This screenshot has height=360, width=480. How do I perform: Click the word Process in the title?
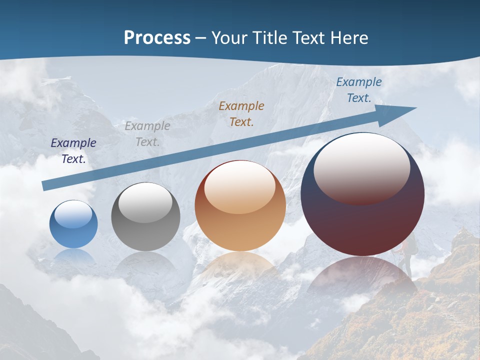point(157,38)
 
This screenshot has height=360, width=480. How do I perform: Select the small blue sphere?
point(73,225)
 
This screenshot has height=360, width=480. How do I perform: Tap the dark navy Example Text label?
point(73,151)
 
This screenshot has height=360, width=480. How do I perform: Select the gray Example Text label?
point(147,134)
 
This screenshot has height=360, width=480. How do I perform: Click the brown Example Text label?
point(241,113)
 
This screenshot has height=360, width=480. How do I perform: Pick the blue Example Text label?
point(359,90)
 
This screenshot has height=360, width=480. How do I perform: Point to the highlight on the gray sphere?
point(145,201)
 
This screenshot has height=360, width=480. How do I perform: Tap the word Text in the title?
point(308,38)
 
